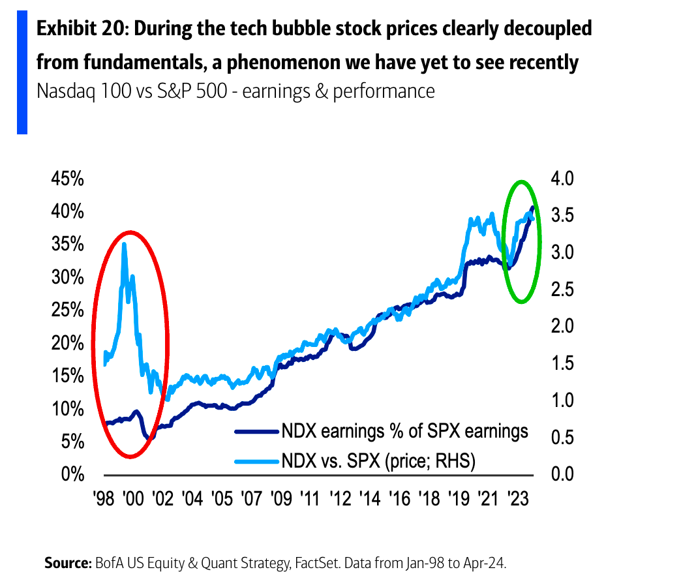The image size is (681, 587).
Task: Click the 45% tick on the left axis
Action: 67,179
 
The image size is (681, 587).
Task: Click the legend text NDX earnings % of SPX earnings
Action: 404,431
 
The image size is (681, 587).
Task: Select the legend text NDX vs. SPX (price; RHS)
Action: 378,461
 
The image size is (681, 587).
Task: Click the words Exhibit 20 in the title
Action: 77,29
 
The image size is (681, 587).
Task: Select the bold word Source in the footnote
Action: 68,562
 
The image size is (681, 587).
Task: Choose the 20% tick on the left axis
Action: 67,343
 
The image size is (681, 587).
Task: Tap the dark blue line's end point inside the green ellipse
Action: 533,208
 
